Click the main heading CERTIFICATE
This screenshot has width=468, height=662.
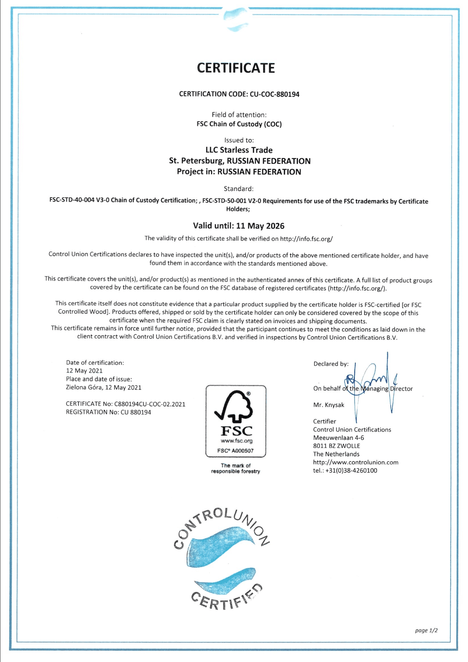(x=236, y=68)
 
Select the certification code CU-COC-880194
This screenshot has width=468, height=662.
(x=274, y=94)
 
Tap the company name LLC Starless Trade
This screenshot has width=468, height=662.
(x=239, y=150)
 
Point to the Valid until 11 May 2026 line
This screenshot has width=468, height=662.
(x=239, y=226)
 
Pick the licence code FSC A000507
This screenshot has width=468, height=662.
(x=236, y=451)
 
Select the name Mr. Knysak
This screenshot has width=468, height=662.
(x=329, y=405)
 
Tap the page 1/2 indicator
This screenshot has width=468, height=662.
(x=426, y=630)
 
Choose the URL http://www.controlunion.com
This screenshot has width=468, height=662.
(x=356, y=462)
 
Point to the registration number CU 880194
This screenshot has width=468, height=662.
(x=136, y=412)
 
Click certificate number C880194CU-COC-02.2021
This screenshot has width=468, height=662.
(x=150, y=404)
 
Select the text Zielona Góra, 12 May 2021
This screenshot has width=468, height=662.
(x=103, y=387)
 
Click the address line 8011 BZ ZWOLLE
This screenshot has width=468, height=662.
(x=336, y=446)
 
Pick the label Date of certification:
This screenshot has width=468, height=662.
(x=95, y=362)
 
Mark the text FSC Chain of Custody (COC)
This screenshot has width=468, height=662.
(x=239, y=124)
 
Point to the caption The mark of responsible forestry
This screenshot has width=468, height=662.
(x=236, y=468)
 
